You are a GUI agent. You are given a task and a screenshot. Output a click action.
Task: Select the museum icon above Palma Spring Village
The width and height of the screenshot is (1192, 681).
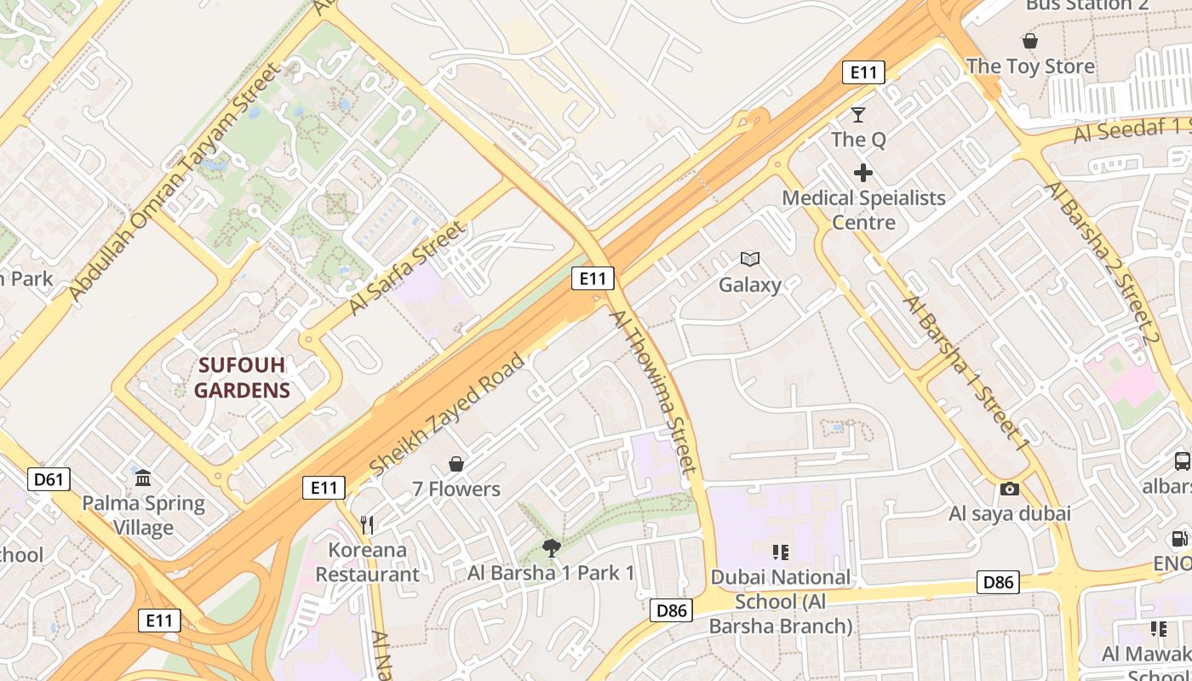coord(143,477)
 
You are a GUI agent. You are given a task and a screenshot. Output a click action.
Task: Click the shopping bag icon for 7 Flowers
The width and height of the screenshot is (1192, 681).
coord(456,464)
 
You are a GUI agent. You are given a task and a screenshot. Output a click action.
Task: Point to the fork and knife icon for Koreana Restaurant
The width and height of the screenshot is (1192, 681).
coord(367,524)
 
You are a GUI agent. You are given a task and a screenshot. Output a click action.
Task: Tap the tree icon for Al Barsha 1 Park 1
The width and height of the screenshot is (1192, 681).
coord(552,547)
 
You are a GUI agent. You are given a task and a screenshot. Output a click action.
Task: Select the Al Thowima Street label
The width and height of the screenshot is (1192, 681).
coord(653,392)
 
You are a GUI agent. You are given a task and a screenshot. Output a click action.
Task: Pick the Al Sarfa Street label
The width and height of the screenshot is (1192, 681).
coord(408,268)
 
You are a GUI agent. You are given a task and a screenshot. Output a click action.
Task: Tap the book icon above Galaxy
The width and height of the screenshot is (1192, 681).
coord(749,259)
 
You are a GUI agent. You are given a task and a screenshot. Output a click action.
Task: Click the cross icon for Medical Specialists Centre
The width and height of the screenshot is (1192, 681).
coord(863,174)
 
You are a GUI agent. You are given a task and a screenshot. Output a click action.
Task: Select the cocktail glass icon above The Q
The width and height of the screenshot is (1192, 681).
coord(858,114)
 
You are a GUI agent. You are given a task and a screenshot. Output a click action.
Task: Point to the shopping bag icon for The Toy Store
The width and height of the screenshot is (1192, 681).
coord(1030,41)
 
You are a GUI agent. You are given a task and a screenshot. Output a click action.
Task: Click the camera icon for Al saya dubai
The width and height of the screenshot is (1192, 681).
coord(1010,489)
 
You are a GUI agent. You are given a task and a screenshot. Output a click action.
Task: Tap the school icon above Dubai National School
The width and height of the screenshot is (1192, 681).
coord(780,552)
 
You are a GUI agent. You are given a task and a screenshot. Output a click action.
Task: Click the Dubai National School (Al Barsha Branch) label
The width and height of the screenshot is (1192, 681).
coord(781,602)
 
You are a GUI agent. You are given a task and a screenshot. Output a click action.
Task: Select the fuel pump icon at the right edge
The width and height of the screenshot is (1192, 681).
coord(1180,538)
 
